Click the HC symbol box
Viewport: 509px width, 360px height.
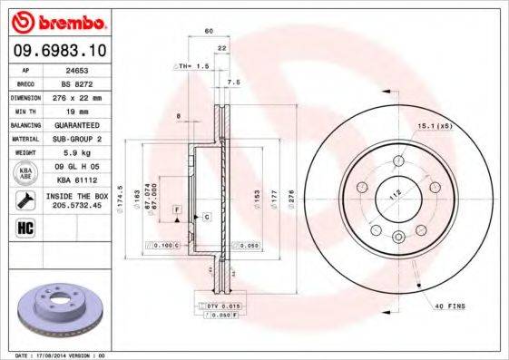pos(23,227)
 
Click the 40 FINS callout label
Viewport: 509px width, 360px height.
pos(450,307)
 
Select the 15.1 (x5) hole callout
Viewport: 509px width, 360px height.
pos(434,125)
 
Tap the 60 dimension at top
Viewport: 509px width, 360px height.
pos(209,32)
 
